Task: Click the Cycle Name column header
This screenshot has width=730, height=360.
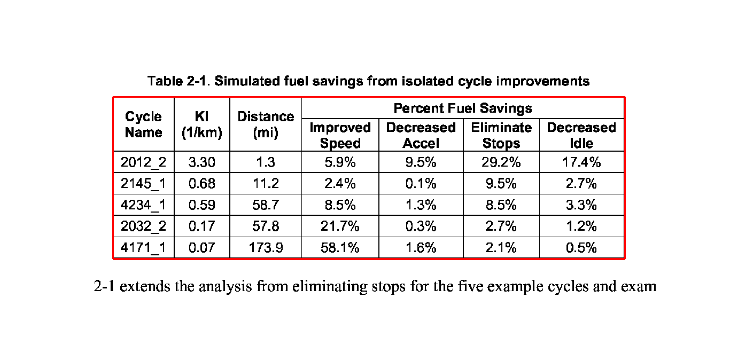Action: [x=143, y=124]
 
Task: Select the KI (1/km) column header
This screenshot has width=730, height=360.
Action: [x=201, y=124]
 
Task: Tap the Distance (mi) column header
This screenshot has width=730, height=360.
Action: [x=266, y=124]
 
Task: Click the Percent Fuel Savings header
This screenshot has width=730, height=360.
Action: [x=463, y=108]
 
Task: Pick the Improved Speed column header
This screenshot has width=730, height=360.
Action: [x=340, y=135]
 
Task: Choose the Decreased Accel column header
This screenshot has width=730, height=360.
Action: [x=421, y=135]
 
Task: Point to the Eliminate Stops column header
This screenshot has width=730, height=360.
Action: [x=501, y=135]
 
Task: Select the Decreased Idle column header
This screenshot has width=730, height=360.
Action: [x=581, y=135]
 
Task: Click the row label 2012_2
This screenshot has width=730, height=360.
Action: [x=143, y=162]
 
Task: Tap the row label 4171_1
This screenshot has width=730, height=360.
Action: [x=143, y=248]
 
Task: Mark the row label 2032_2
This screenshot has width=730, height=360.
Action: [x=143, y=226]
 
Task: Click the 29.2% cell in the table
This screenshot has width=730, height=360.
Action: [x=501, y=162]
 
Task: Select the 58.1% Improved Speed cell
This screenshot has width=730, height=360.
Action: [x=340, y=248]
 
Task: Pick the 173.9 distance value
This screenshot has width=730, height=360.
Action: [x=266, y=248]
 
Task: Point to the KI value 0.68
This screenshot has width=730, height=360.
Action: [x=201, y=184]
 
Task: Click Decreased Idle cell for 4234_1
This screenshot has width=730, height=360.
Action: [x=581, y=205]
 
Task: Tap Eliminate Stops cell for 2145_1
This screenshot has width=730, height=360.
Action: [x=501, y=184]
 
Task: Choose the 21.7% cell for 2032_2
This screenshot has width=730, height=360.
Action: [x=340, y=226]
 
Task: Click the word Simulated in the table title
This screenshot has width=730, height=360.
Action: [x=245, y=81]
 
